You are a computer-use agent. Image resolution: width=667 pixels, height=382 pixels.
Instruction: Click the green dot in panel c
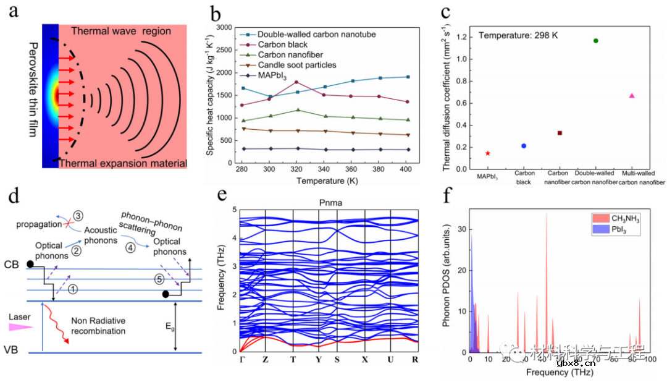click(595, 41)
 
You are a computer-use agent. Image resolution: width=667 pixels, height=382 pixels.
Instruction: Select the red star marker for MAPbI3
click(488, 153)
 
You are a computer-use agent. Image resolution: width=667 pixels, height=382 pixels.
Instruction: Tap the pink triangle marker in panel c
click(632, 96)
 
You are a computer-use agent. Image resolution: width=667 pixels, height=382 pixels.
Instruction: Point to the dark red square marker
click(560, 133)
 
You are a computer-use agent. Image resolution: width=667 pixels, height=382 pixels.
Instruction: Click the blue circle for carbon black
click(524, 146)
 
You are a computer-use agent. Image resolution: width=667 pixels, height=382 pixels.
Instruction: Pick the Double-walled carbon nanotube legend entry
click(316, 35)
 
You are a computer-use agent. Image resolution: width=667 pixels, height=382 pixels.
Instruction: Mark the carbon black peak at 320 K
click(296, 82)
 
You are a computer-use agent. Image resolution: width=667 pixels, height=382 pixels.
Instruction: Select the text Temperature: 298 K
click(518, 35)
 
